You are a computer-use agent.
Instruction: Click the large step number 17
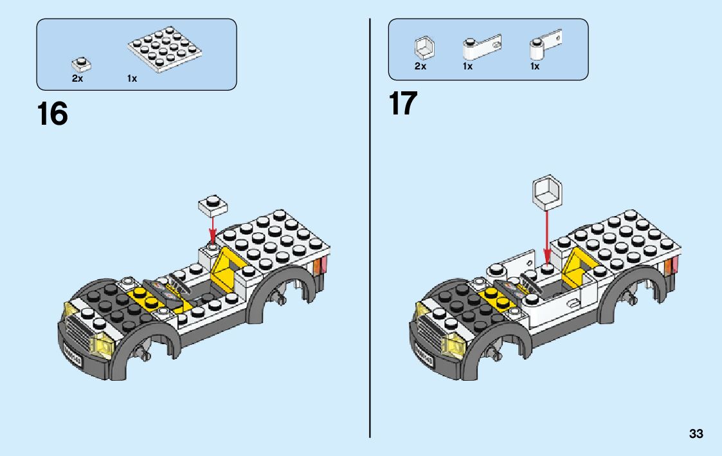click(x=402, y=104)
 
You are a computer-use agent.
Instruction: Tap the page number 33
click(x=696, y=434)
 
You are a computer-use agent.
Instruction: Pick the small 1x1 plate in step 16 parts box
click(x=81, y=64)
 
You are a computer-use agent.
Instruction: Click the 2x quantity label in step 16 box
click(x=77, y=78)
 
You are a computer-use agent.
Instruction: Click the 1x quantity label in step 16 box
click(x=132, y=78)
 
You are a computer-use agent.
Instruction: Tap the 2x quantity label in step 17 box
click(x=420, y=66)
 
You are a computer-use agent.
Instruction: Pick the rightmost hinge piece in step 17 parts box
click(x=545, y=46)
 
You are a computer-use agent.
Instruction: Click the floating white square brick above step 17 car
click(x=546, y=191)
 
